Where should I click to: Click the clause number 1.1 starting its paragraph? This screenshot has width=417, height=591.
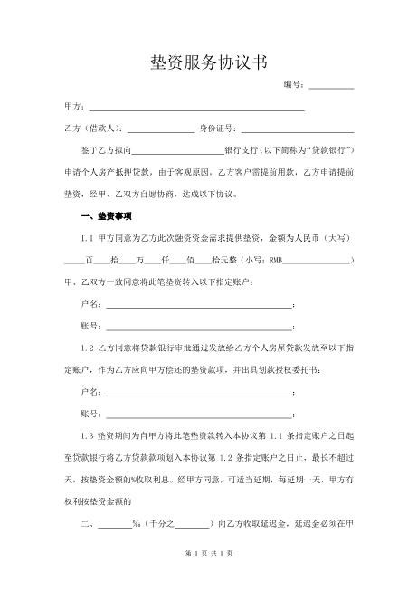coord(88,238)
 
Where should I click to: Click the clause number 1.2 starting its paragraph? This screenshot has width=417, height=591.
coord(88,347)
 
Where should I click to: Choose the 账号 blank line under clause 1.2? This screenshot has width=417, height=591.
coord(199,415)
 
